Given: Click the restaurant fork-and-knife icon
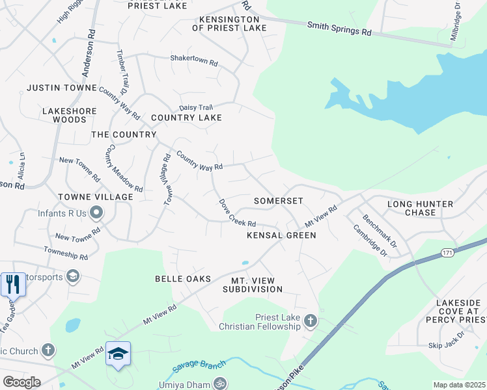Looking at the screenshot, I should pos(12,284).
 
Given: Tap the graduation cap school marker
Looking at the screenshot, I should pos(118,354).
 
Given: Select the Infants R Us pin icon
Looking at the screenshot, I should pos(97,213).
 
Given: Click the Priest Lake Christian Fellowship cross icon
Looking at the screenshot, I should pos(311,320).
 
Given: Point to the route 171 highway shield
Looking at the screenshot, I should pos(447,252).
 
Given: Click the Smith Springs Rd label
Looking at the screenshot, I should pos(339,28).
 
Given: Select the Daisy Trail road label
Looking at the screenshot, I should pos(196,107).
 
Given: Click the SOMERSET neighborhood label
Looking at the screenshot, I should pos(279,201).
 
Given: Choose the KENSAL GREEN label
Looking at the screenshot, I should pos(281,235).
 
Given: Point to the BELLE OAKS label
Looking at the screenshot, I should pos(183,279).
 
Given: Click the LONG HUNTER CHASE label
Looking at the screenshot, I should pos(420,208).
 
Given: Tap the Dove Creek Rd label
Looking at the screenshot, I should pos(236,213).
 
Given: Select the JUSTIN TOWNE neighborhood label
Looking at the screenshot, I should pos(61,88).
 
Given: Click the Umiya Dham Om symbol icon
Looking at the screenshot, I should pos(220,383).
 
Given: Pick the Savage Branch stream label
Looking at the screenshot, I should pos(198,365).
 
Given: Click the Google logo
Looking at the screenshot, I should pos(21,382).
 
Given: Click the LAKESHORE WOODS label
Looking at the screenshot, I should pos(69,115).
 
